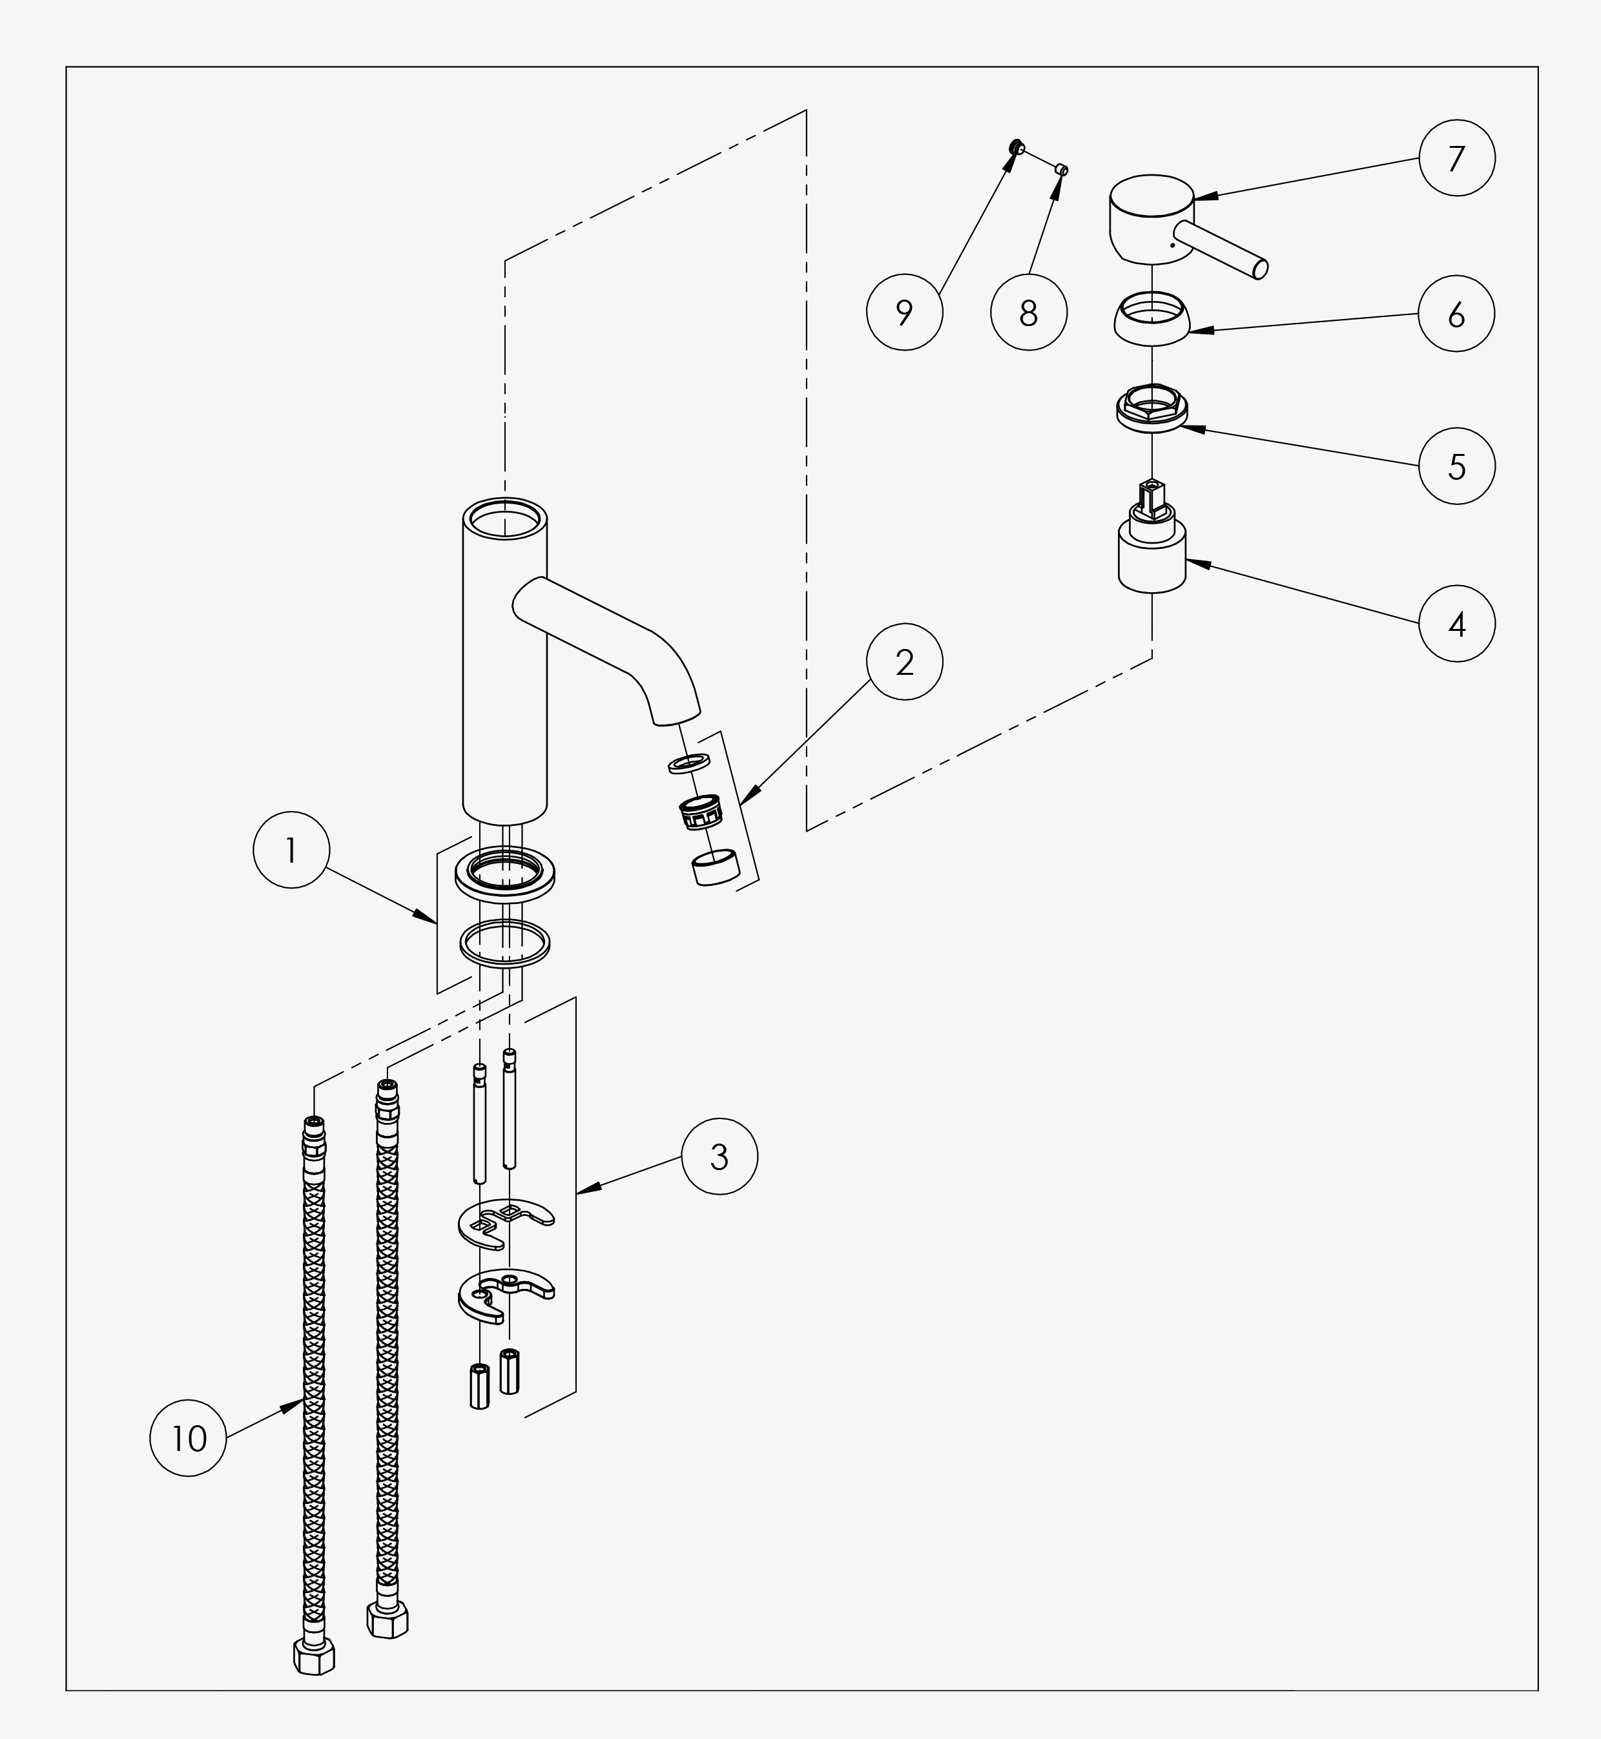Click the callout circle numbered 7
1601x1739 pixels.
click(1456, 158)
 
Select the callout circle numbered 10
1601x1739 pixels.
click(188, 1439)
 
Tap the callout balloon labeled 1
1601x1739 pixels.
click(291, 850)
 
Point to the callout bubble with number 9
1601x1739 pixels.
click(904, 312)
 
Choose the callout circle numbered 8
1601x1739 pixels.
click(1028, 312)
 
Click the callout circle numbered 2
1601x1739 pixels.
click(904, 662)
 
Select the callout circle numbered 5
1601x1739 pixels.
click(1456, 466)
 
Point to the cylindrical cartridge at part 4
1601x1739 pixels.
click(1152, 538)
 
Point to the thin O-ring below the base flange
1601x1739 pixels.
click(505, 942)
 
